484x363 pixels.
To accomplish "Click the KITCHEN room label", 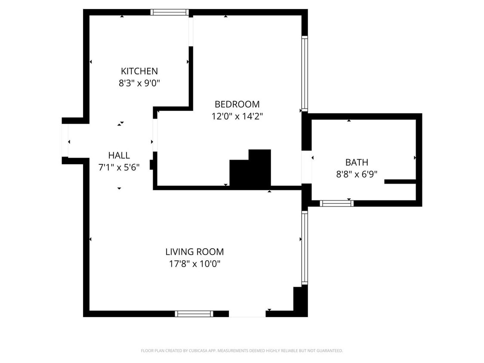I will (139, 71).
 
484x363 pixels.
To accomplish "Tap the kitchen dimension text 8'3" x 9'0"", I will (139, 83).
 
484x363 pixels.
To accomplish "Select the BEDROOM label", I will (237, 104).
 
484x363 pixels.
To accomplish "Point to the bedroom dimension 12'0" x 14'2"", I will (237, 116).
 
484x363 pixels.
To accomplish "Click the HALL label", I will (119, 155).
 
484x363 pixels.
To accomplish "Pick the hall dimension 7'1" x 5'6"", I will (119, 167).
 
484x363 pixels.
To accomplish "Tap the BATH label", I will (357, 162).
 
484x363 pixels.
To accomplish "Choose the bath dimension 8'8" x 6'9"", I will (357, 174).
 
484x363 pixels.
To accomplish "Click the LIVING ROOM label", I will (194, 252).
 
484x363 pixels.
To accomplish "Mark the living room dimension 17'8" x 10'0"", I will (194, 264).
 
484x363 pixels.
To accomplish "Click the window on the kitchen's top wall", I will (170, 12).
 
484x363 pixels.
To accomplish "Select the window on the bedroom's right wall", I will (305, 74).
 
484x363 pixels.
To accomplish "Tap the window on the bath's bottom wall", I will (336, 203).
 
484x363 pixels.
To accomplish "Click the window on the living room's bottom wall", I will (194, 314).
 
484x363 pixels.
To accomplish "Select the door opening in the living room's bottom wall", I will (247, 314).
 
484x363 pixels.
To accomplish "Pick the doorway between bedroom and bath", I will (306, 167).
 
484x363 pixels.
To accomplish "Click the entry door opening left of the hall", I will (65, 141).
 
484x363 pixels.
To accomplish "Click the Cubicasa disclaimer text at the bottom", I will (242, 351).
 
